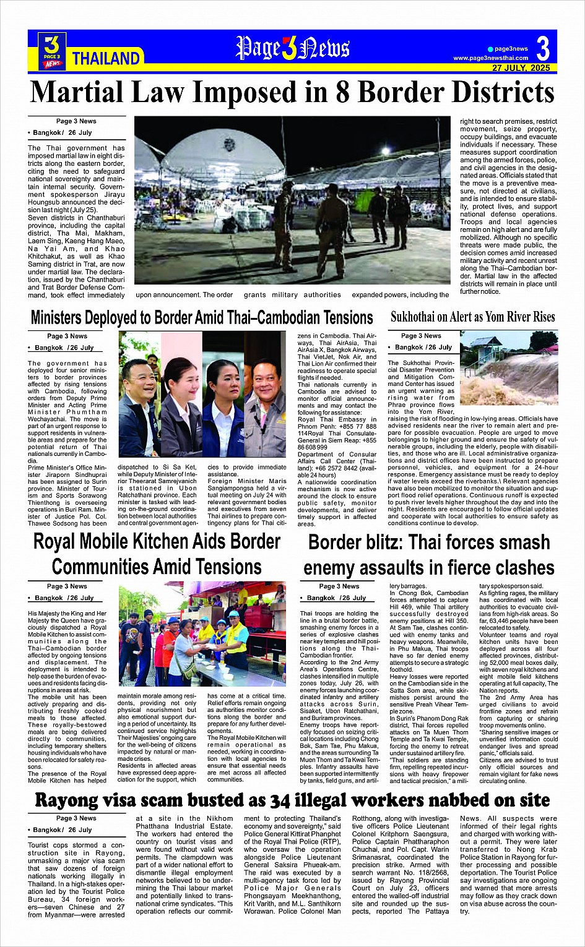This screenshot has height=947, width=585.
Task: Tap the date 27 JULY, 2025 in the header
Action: point(521,68)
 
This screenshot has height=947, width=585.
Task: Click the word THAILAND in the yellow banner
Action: point(106,59)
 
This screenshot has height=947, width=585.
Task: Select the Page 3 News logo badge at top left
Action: point(53,51)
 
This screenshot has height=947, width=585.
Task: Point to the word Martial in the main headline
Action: point(77,93)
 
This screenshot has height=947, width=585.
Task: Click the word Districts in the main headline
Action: point(500,93)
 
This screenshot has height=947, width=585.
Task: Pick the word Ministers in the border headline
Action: point(56,318)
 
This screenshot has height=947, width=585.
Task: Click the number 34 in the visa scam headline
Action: point(284,800)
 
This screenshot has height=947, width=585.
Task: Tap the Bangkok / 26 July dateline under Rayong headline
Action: point(60,830)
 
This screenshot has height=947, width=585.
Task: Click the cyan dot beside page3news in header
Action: point(490,49)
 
